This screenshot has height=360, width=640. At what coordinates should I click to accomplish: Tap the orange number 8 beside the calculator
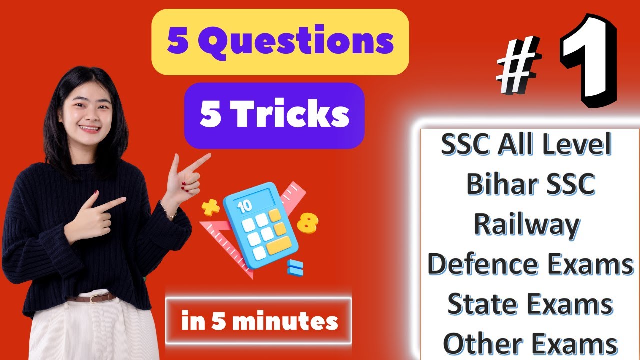[307, 223]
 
